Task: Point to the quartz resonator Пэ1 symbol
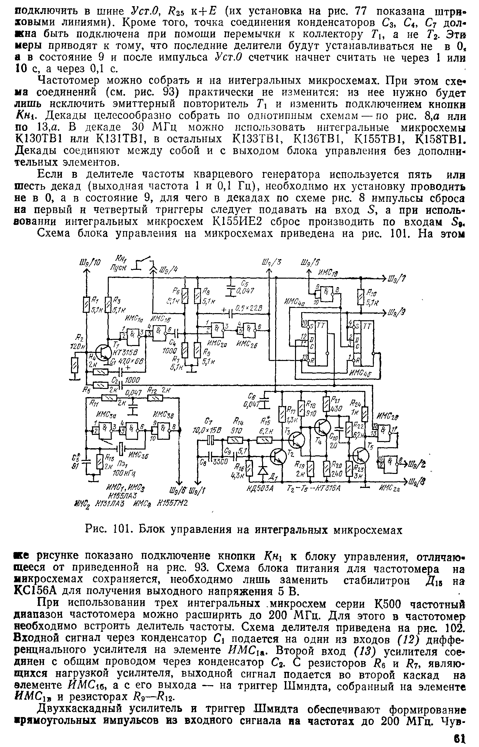[x=121, y=449]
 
